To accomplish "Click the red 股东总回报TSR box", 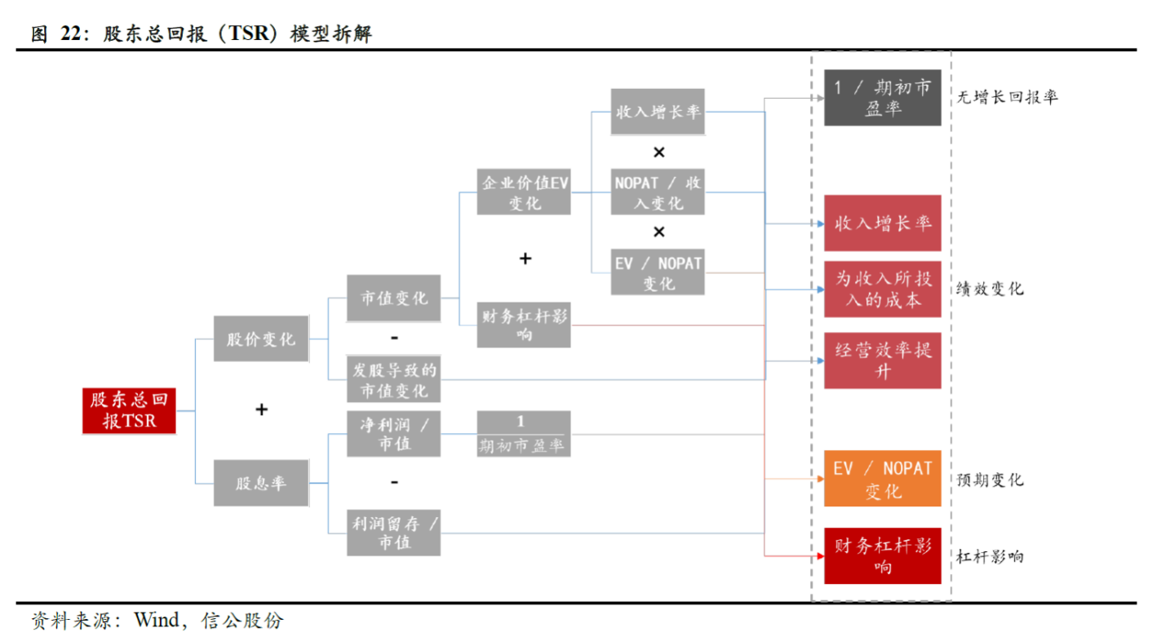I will pos(129,410).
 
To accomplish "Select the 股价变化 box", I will pos(261,338).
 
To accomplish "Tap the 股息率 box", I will pos(261,483).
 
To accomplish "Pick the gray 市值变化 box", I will pos(393,298).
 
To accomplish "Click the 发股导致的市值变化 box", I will pos(393,379).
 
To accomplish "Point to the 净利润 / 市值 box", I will pos(393,434).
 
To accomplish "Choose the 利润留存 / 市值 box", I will pos(393,533).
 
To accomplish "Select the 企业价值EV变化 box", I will pos(524,192).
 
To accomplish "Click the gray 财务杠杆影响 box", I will pos(524,324).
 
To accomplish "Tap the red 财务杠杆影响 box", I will pos(882,556).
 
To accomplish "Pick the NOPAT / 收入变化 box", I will pos(658,192).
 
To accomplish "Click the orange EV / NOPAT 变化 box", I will pos(882,479).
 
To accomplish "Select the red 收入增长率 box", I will pos(882,223).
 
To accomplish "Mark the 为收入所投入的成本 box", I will pos(882,290).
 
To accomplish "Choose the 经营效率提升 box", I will pos(882,360).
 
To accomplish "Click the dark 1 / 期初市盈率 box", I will pos(882,98).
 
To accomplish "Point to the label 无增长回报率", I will pos(1007,97).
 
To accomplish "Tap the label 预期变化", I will pos(990,480).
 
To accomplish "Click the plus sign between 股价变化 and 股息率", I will pos(261,409).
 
